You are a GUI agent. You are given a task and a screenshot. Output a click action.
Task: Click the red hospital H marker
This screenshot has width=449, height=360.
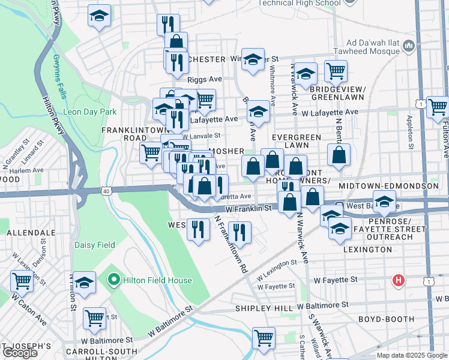pos(397,280)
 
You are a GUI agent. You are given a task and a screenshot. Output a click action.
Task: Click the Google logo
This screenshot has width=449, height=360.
pos(20,353)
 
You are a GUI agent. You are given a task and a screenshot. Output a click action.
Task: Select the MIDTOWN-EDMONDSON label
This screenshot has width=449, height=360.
pos(389,187)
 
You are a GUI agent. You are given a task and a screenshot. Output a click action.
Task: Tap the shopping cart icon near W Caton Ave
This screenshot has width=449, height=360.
pos(22,280)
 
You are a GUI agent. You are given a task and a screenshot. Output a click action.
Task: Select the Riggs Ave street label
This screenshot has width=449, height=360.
pos(204,79)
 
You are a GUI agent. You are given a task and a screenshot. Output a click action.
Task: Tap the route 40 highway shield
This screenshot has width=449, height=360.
pos(106,191)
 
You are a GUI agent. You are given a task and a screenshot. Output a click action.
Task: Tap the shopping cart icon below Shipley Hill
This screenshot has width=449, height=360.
pos(264,338)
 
